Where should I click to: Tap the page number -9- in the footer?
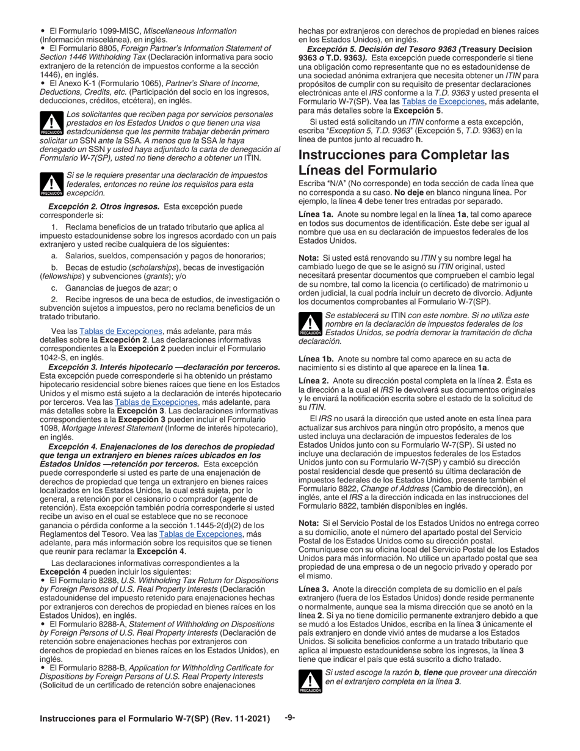290,717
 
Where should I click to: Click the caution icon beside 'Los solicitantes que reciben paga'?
51,123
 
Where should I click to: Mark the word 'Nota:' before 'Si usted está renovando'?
310,258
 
